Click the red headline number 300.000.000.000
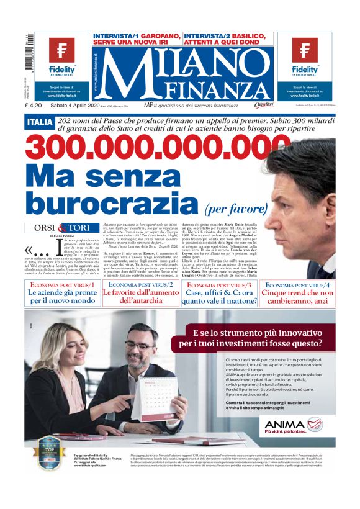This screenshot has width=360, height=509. (x=149, y=147)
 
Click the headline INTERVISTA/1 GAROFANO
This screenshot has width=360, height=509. (x=137, y=40)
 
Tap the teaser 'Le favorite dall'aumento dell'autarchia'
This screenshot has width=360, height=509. (x=140, y=297)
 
